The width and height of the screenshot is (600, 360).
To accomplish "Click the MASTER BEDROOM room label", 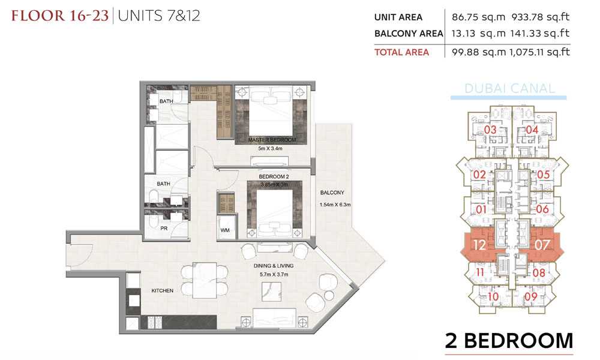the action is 272,140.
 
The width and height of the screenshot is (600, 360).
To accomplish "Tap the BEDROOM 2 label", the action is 274,177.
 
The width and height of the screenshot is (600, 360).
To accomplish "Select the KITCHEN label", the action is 162,291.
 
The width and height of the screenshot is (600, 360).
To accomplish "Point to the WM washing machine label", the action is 225,230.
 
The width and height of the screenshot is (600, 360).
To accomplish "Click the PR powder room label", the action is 164,229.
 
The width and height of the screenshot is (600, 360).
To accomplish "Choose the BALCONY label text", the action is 332,193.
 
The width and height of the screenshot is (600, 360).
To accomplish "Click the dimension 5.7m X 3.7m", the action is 274,274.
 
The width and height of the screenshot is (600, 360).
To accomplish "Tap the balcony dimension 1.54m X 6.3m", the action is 335,205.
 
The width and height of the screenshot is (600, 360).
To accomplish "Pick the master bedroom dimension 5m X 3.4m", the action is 270,148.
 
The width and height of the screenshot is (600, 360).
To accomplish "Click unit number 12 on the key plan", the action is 479,245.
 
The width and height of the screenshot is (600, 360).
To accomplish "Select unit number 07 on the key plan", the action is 542,245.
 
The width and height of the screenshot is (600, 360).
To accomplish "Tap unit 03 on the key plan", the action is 490,130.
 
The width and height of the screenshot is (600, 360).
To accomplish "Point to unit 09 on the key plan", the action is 531,296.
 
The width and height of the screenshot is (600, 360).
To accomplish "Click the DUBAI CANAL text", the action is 509,89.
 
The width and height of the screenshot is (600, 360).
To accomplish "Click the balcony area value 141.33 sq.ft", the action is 539,34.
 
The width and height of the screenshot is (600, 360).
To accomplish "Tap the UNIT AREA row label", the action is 398,17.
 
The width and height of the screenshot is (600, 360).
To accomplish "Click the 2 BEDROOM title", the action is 509,340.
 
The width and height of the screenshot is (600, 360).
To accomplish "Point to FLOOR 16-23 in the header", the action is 60,16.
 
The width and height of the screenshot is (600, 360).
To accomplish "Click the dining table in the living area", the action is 205,280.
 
